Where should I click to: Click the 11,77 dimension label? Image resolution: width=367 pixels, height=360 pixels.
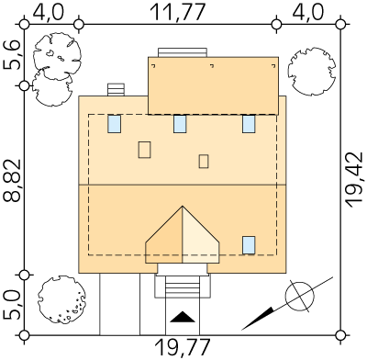[x=177, y=13]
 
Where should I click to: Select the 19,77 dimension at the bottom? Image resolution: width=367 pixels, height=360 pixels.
[x=183, y=348]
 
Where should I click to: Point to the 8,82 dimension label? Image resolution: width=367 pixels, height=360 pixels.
[x=12, y=181]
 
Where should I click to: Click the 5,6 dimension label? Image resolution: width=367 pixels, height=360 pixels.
[x=12, y=55]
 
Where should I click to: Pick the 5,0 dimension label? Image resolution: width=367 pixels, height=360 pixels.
[x=12, y=306]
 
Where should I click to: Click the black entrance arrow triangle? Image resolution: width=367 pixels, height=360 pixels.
[x=183, y=317]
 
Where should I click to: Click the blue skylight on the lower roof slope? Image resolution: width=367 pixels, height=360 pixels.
[x=249, y=245]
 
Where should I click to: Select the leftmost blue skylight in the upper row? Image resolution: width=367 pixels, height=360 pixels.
[x=114, y=124]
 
